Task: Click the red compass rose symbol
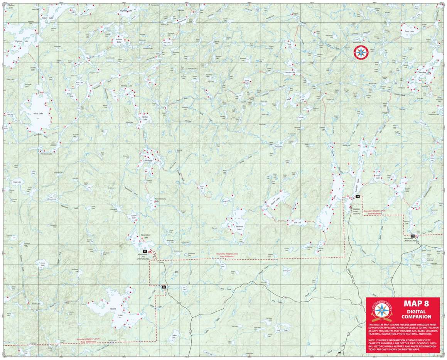coord(361,52)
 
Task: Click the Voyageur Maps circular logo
coord(381,309)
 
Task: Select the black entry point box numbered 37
coord(145,251)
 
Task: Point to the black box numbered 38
coord(358,197)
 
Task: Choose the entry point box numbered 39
coord(412,236)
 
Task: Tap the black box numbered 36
coord(164,287)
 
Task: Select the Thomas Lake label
coord(21,41)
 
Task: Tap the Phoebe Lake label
coord(240,228)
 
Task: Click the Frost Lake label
coord(409,31)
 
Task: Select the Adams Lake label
coord(119,40)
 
